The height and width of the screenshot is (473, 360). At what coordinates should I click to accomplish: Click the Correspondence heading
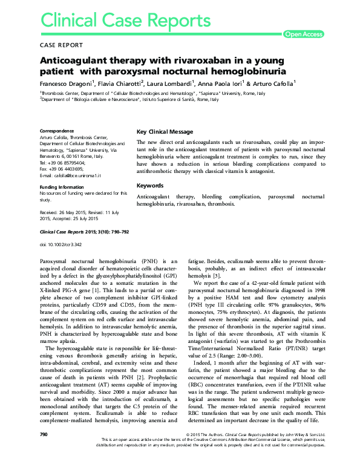point(59,131)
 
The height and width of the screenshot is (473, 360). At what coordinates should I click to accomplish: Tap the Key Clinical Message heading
point(165,132)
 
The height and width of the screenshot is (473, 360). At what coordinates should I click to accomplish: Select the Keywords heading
point(150,185)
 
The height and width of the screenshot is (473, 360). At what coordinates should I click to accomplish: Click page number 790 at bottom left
point(44,452)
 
